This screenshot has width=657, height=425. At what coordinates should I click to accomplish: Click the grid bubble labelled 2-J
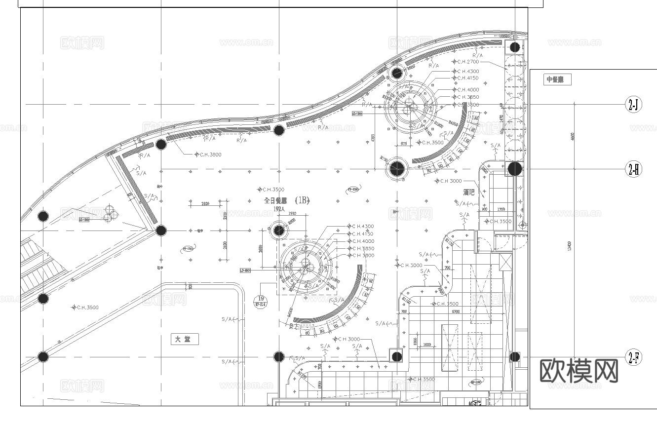pyautogui.click(x=634, y=105)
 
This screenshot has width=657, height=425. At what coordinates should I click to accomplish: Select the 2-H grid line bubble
pyautogui.click(x=634, y=169)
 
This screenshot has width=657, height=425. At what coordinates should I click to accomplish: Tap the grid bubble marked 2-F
pyautogui.click(x=634, y=357)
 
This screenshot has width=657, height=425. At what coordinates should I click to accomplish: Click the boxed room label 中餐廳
pyautogui.click(x=558, y=79)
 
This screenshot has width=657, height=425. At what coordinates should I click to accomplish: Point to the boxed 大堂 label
pyautogui.click(x=185, y=340)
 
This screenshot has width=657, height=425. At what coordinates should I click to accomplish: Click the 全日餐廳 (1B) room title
pyautogui.click(x=286, y=200)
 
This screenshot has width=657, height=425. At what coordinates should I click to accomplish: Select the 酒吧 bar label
pyautogui.click(x=469, y=192)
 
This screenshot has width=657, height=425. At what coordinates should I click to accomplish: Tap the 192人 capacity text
pyautogui.click(x=279, y=209)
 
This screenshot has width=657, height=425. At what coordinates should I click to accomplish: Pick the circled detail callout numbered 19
pyautogui.click(x=261, y=299)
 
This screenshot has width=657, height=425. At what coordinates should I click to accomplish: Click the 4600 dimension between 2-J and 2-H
pyautogui.click(x=573, y=136)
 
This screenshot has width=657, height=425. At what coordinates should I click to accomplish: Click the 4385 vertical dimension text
pyautogui.click(x=374, y=139)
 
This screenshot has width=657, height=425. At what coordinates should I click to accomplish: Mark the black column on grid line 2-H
pyautogui.click(x=515, y=169)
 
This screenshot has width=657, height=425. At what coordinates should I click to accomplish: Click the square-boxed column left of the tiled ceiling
pyautogui.click(x=397, y=356)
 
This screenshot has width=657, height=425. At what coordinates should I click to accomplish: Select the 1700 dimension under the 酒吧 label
pyautogui.click(x=501, y=209)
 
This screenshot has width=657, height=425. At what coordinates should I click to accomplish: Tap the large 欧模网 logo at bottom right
pyautogui.click(x=580, y=370)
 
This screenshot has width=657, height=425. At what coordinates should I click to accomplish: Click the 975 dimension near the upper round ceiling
pyautogui.click(x=403, y=144)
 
